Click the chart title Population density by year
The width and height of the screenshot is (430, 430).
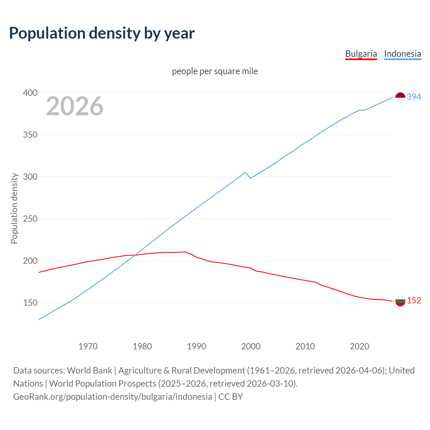(x=102, y=33)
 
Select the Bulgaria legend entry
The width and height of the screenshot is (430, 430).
(x=361, y=54)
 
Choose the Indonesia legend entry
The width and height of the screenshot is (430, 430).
(x=402, y=54)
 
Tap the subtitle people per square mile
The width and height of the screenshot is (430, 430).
(x=215, y=71)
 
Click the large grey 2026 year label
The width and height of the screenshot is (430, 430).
(x=75, y=106)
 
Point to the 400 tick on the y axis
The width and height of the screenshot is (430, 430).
(x=30, y=93)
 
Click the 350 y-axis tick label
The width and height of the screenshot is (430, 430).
(x=30, y=135)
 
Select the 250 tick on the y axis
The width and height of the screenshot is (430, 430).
(x=30, y=219)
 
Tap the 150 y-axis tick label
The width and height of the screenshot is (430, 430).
(x=30, y=303)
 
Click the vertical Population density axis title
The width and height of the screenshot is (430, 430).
(x=14, y=208)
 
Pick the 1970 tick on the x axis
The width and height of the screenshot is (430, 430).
(x=88, y=346)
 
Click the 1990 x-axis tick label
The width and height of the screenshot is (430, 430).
(x=197, y=346)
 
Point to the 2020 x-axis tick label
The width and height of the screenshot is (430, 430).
(x=359, y=346)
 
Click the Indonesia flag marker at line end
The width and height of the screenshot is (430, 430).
(x=400, y=97)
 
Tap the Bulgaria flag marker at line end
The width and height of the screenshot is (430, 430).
(x=400, y=301)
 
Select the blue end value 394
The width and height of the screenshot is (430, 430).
(x=414, y=97)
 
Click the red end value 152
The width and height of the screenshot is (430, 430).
(x=414, y=300)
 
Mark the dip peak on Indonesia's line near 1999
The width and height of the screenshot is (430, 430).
(x=245, y=172)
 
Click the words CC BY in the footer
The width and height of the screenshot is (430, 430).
(x=230, y=397)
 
